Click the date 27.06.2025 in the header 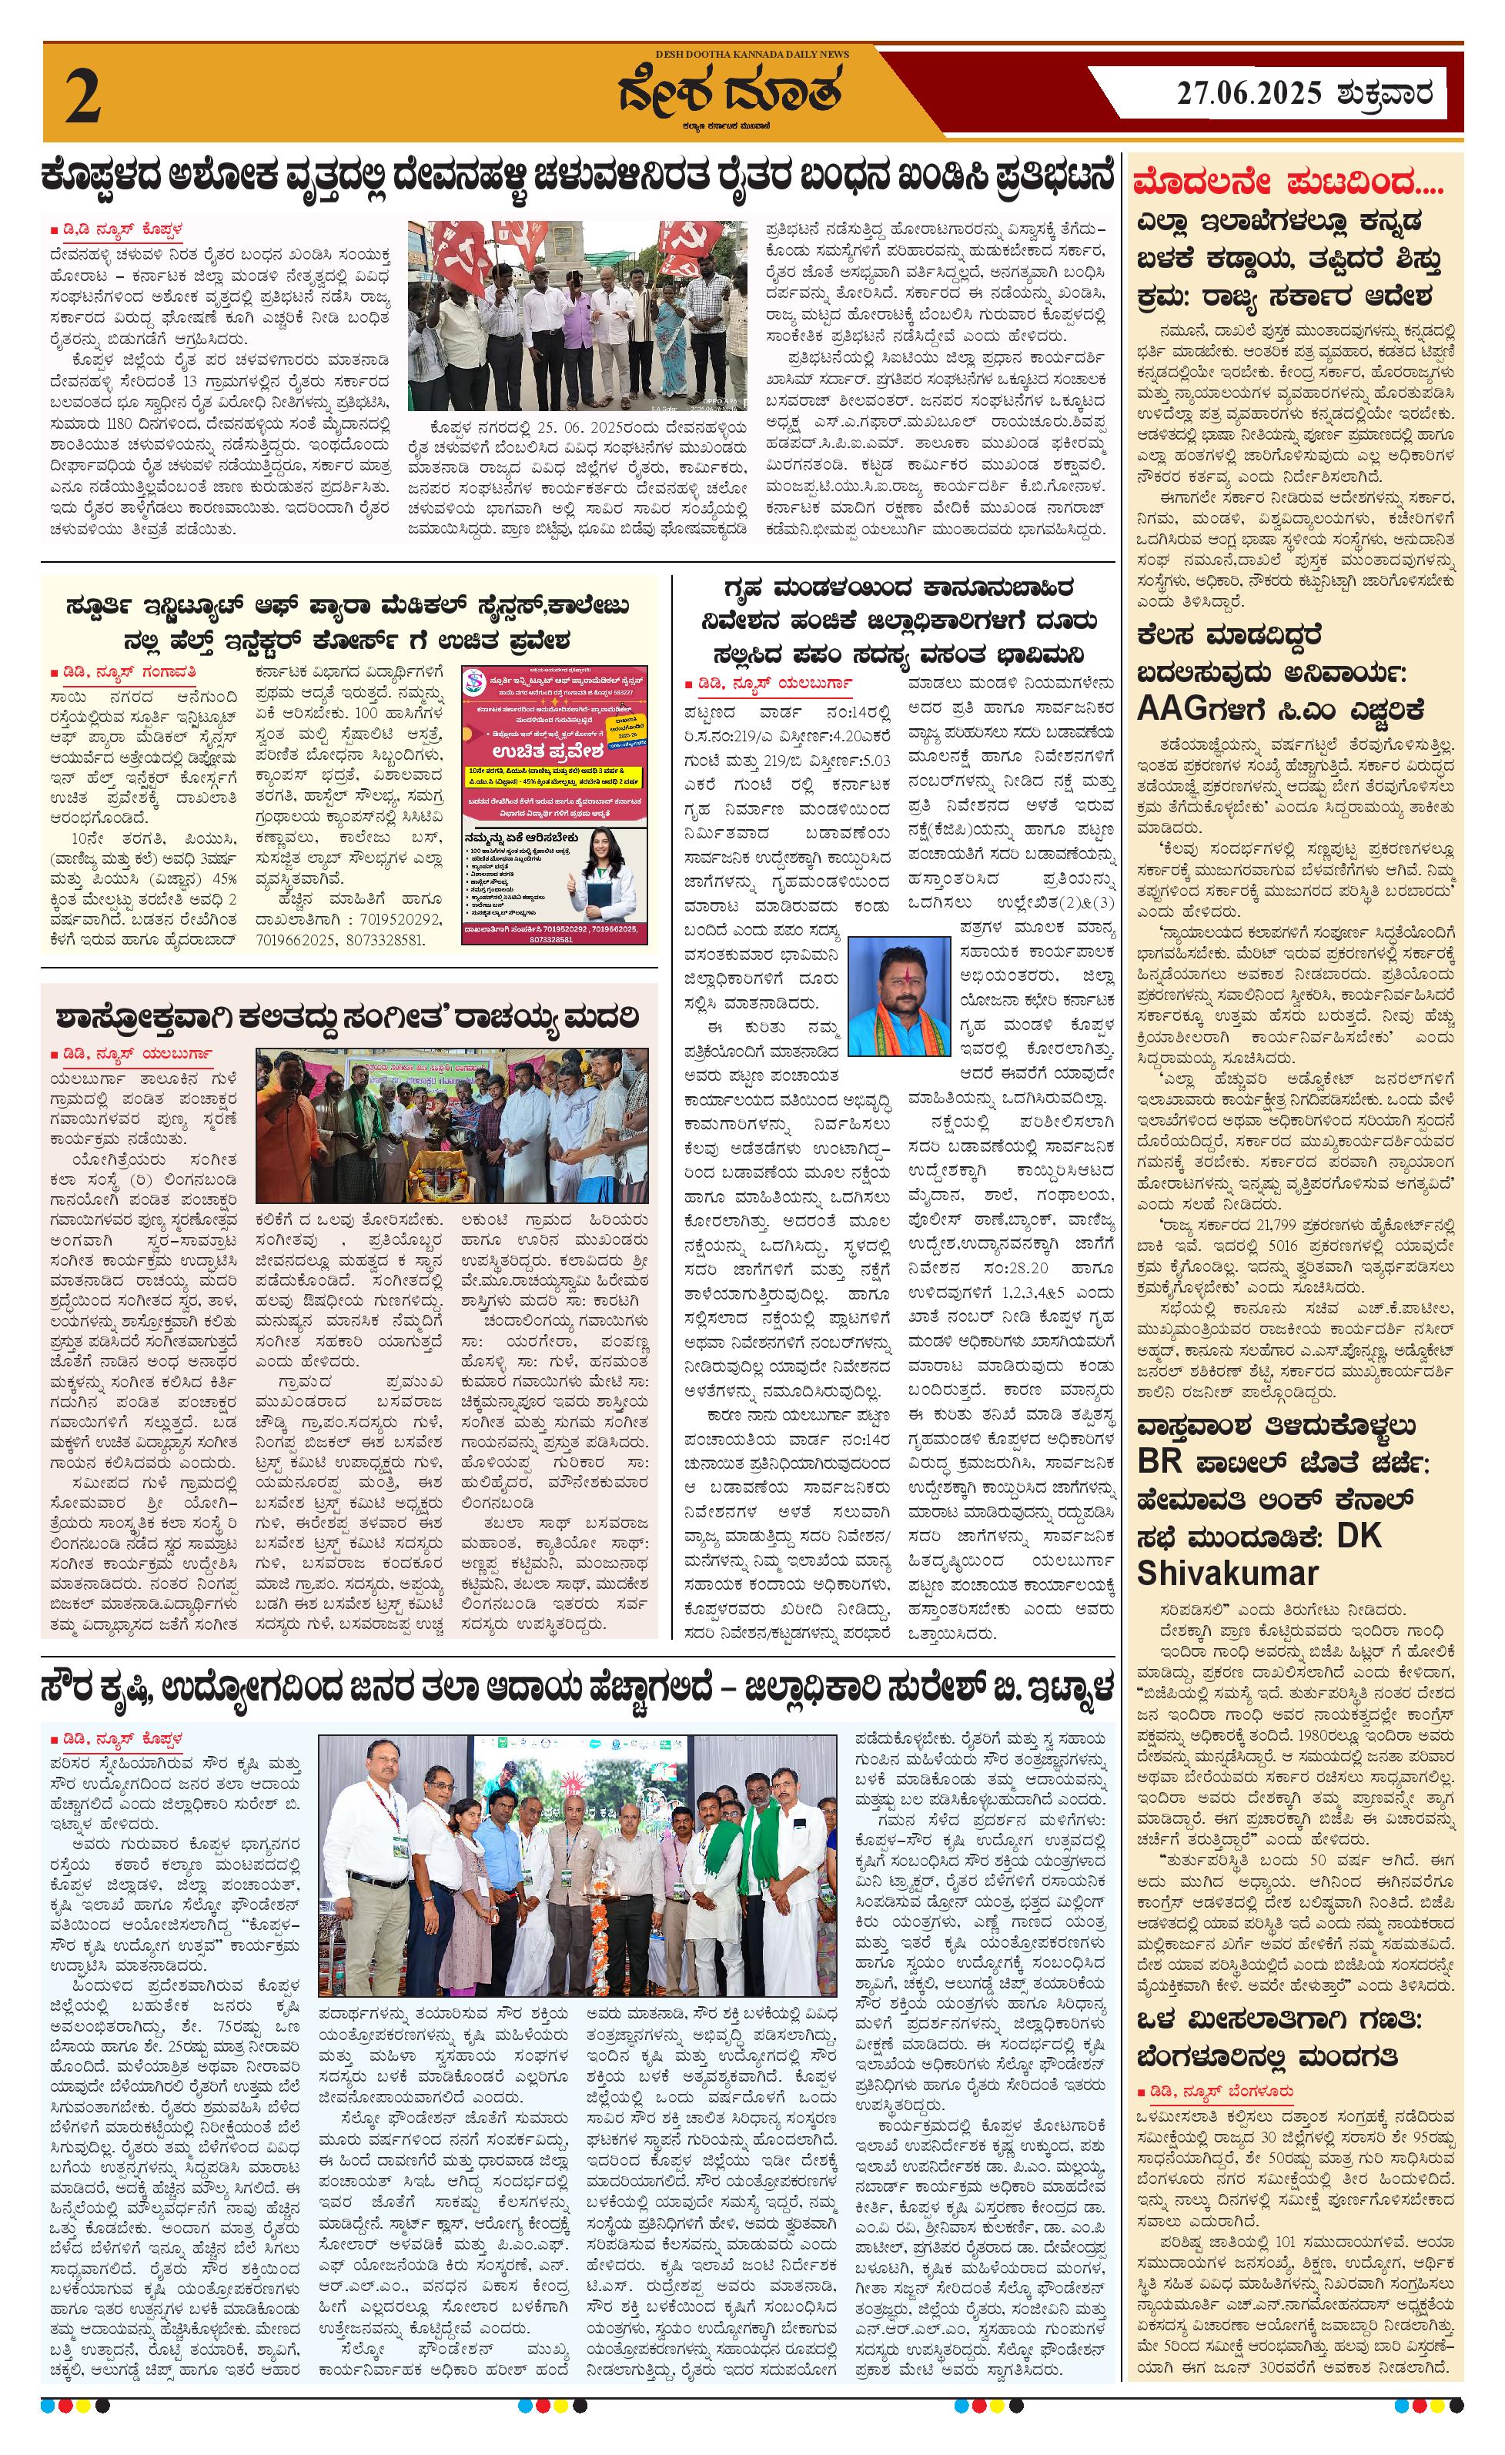tap(1249, 95)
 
